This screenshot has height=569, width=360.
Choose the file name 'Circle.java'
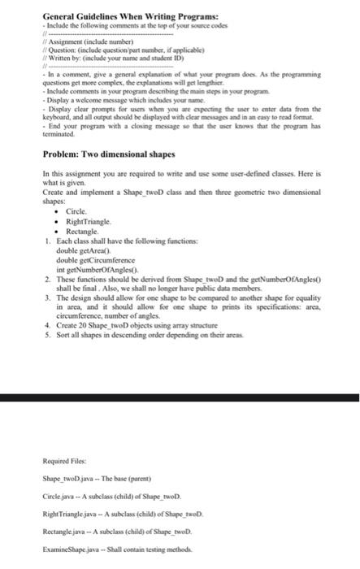60,494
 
